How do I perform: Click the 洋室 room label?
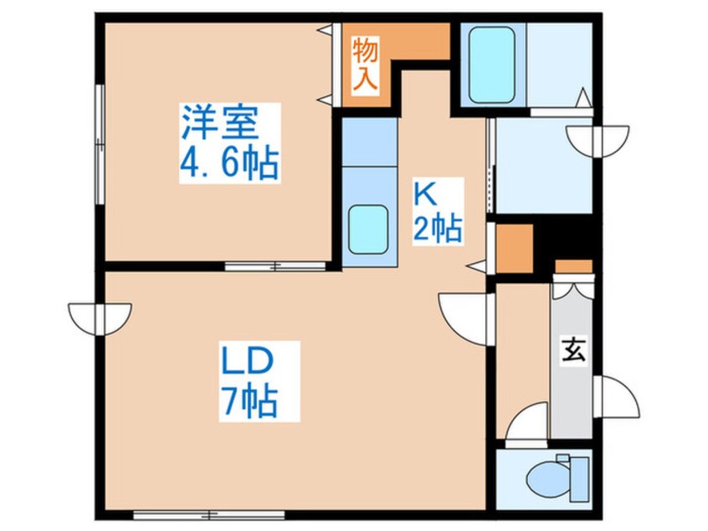220,122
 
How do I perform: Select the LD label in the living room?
247,360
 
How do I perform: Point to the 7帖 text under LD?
249,401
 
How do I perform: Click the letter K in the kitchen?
426,196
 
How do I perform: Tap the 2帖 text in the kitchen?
438,229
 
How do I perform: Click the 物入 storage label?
365,64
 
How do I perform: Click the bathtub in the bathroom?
492,65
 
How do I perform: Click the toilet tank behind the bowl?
579,479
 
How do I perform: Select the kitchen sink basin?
368,229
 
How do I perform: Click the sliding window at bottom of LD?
209,515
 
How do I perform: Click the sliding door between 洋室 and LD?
275,266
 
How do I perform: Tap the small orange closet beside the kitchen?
515,249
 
